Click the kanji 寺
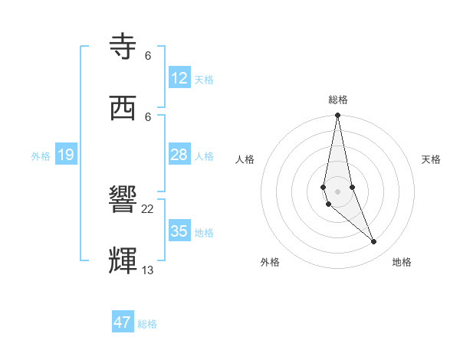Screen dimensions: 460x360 (x=124, y=47)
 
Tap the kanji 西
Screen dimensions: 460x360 (x=124, y=108)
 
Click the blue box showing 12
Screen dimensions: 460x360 (x=179, y=78)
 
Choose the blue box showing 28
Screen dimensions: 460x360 (x=179, y=155)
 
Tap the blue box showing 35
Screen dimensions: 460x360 (x=179, y=231)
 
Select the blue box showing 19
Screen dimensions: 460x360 (x=66, y=155)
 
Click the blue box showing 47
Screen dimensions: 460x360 (x=123, y=322)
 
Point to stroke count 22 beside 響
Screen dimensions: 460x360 (x=148, y=208)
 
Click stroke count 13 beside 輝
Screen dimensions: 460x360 (x=148, y=270)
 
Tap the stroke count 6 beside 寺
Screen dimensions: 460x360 (x=148, y=55)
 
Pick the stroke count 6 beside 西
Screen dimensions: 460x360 (x=148, y=116)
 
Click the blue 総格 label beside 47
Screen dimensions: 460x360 (x=147, y=324)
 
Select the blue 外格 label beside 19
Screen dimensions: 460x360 (x=41, y=156)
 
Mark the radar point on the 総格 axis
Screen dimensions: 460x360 (x=337, y=116)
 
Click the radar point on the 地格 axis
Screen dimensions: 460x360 (x=374, y=242)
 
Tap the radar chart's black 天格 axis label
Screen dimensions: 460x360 (x=431, y=159)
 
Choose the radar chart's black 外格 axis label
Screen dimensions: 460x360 (x=270, y=262)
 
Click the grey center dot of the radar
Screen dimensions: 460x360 (x=337, y=191)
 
